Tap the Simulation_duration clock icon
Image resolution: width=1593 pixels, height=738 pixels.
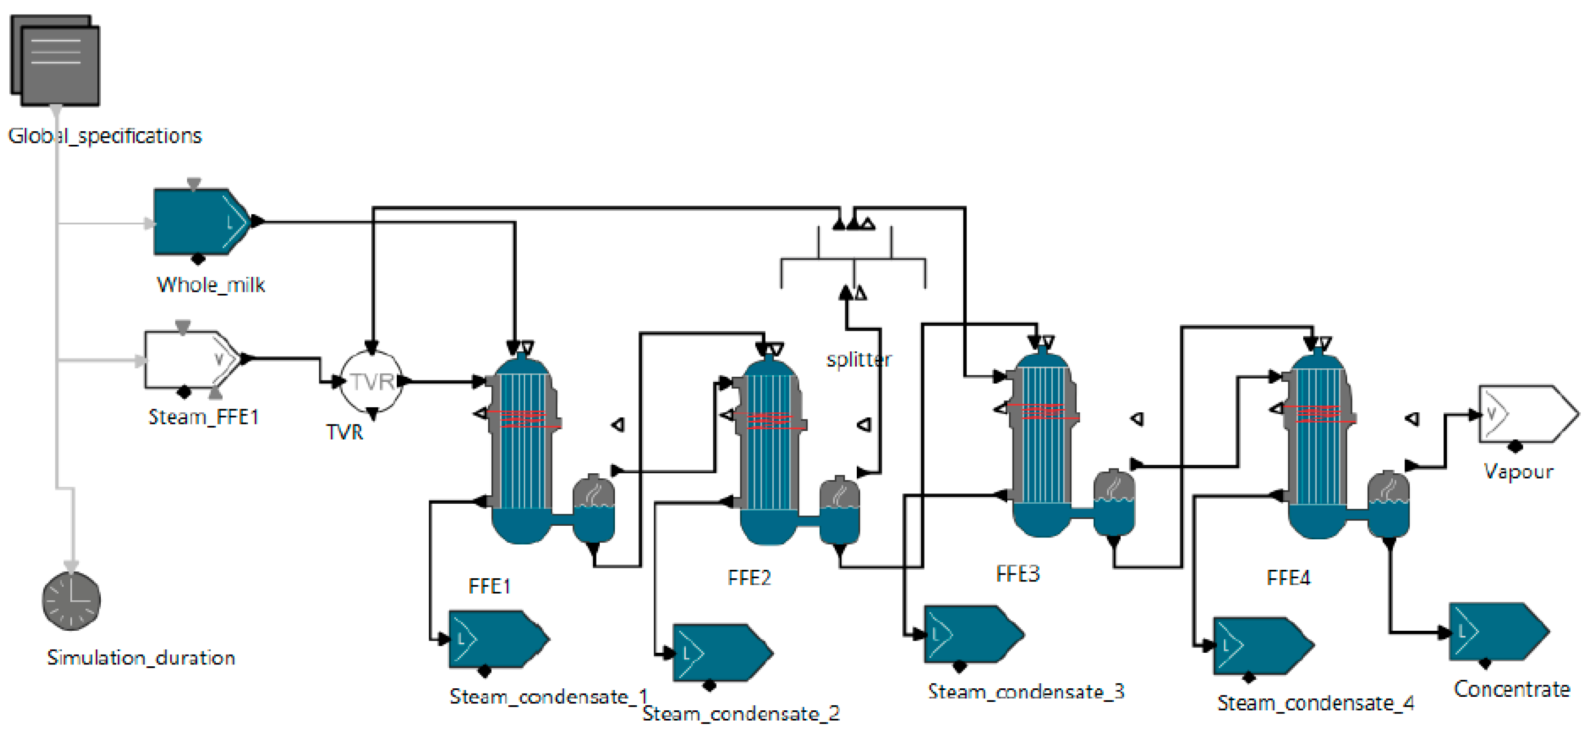pyautogui.click(x=71, y=601)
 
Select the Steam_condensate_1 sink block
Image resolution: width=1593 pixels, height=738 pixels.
pyautogui.click(x=499, y=639)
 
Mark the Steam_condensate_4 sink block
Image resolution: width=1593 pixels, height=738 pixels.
pyautogui.click(x=1263, y=646)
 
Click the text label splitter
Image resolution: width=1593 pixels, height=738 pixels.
pyautogui.click(x=859, y=360)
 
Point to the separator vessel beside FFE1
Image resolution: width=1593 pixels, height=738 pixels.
pyautogui.click(x=594, y=508)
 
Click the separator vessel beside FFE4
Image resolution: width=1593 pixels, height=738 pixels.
pyautogui.click(x=1389, y=504)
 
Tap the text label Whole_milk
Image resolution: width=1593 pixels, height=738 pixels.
pyautogui.click(x=211, y=284)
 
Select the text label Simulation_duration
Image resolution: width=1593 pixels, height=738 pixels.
pyautogui.click(x=141, y=658)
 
